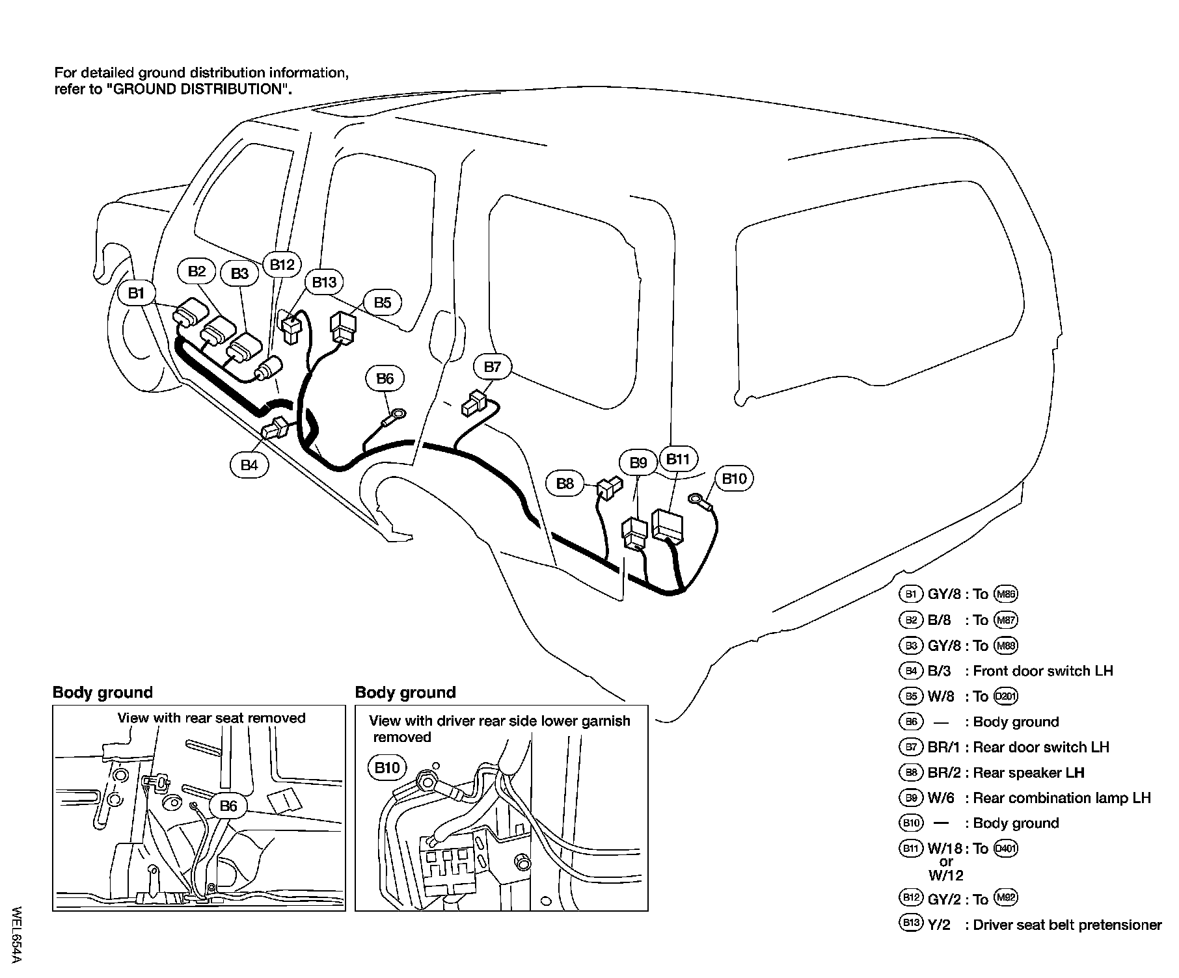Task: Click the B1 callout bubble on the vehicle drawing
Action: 136,293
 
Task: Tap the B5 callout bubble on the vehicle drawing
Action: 382,302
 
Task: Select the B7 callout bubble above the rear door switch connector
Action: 493,367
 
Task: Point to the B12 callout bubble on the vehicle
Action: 282,265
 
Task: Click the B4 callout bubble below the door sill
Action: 249,465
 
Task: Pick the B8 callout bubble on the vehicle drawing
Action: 565,483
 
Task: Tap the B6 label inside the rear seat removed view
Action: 228,806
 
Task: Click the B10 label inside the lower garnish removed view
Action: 387,768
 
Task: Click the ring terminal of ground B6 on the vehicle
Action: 397,412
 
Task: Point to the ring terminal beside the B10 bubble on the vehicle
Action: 697,499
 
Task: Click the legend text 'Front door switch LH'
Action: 1042,671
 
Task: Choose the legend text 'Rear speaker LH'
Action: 1028,773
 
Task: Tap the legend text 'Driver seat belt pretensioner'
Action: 1067,925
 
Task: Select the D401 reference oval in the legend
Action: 1006,849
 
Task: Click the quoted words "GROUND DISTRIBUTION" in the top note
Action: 195,89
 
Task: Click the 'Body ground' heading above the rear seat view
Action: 102,693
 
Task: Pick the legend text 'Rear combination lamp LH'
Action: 1062,798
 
